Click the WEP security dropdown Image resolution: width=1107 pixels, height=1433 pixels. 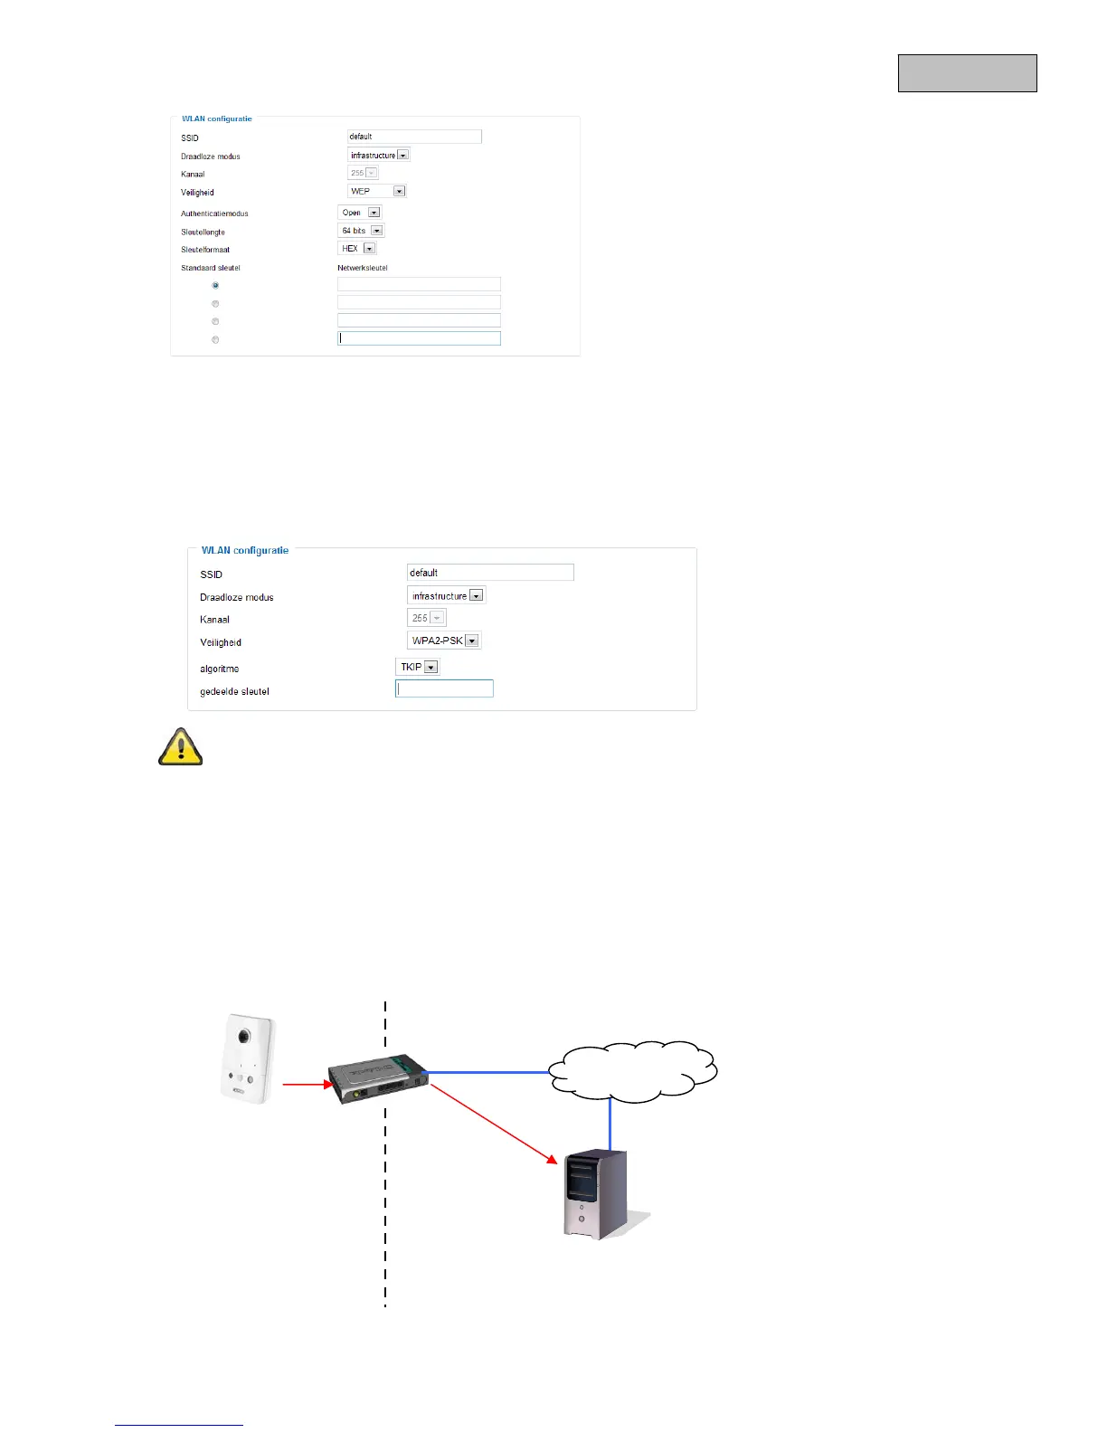377,191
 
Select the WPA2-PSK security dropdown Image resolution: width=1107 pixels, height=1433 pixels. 444,641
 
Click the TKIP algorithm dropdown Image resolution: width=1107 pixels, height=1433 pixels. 418,667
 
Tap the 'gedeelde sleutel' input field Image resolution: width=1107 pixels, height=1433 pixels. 444,688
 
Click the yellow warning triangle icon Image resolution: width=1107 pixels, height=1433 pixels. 181,747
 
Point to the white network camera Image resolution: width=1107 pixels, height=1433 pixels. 248,1058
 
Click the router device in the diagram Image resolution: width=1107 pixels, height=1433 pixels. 377,1079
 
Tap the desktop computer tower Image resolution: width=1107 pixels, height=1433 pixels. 596,1193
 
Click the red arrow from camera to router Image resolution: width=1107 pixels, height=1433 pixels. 307,1083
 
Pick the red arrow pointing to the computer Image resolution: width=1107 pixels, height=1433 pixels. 493,1123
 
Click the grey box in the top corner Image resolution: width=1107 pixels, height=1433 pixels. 967,73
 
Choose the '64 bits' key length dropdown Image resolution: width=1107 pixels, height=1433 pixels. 361,231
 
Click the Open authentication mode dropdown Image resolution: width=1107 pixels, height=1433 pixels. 360,213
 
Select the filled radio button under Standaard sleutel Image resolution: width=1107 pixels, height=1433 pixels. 215,285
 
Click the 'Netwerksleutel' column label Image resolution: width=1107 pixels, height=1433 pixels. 362,268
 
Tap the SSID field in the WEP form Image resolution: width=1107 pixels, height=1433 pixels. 414,137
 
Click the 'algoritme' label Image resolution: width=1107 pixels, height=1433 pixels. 220,669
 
